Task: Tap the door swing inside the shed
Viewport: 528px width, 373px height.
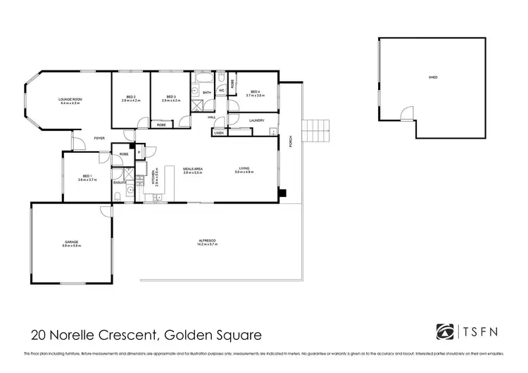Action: point(406,113)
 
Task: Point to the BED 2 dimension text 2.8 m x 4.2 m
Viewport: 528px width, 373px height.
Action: point(131,101)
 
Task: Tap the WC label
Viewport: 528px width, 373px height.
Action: point(220,91)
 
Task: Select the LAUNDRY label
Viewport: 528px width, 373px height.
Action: point(257,120)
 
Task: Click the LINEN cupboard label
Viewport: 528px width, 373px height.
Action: point(219,132)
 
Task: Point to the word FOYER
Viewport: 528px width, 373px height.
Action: point(100,138)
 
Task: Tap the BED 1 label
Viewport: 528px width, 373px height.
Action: point(87,176)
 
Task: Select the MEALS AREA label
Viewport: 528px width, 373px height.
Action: point(194,168)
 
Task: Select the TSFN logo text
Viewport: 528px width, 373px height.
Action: point(486,331)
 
